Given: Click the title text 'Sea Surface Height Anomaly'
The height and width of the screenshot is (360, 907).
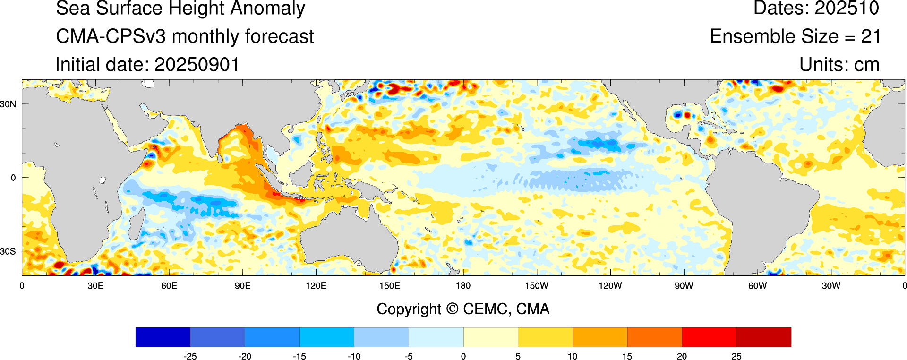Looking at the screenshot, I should (x=180, y=9).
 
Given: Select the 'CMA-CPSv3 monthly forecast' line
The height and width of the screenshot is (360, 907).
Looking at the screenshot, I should (x=185, y=37).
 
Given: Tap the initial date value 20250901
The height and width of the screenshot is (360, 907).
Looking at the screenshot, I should (x=197, y=65).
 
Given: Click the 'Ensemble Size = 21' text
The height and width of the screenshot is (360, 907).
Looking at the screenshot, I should (x=795, y=37).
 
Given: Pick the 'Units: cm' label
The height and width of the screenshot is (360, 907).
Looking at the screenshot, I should (x=839, y=65).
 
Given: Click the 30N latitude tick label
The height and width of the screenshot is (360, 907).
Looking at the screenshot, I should (x=8, y=104).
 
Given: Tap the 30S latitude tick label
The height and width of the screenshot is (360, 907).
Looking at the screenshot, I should (x=8, y=251).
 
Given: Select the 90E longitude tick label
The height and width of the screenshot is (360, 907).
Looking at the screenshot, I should (x=242, y=286).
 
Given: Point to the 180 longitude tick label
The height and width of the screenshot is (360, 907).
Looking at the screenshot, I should (x=463, y=286).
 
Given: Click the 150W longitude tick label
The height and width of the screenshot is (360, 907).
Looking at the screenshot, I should (x=537, y=286).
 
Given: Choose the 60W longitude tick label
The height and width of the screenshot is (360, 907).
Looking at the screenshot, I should (x=757, y=286).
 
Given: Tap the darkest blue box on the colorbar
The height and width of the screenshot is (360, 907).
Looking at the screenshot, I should (x=163, y=337).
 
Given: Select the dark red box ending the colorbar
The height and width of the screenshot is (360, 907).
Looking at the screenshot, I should (x=763, y=337).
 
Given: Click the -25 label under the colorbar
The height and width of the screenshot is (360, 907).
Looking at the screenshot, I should (x=190, y=356).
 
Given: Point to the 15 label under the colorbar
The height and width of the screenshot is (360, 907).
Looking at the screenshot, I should (x=627, y=356).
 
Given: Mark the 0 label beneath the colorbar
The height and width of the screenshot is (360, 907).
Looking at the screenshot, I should (x=463, y=356).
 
